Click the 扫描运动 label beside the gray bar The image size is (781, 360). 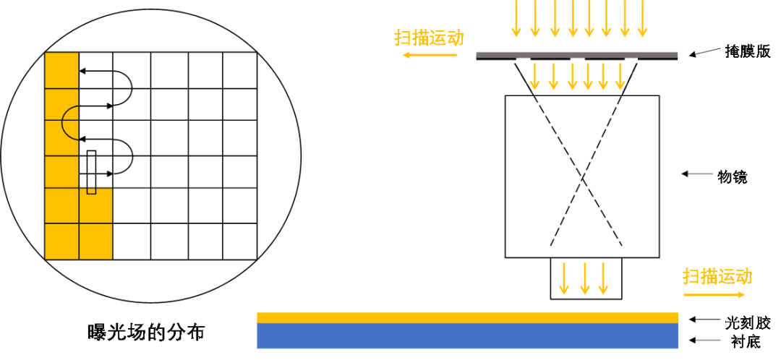(x=429, y=38)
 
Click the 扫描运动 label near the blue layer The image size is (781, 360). (x=717, y=276)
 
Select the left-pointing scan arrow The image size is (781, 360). (x=430, y=55)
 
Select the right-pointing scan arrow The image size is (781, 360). (x=714, y=294)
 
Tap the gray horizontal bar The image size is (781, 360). (x=576, y=54)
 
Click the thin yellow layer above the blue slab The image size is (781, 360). (x=467, y=317)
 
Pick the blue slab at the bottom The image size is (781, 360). (x=467, y=336)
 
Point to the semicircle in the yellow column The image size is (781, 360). (x=71, y=122)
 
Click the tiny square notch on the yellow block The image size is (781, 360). (x=91, y=191)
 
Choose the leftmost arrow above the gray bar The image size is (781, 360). (x=516, y=18)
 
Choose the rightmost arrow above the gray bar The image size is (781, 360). (x=642, y=18)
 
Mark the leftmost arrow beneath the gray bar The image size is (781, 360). (x=534, y=77)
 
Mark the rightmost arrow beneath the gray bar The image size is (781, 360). (x=620, y=77)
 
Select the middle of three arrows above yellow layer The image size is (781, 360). (x=584, y=279)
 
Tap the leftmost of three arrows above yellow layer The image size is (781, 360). (x=563, y=279)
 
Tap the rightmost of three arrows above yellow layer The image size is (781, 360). (x=603, y=279)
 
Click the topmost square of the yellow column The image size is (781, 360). (x=61, y=70)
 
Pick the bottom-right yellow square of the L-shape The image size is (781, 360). (x=95, y=241)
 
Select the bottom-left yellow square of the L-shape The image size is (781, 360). (x=61, y=241)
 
